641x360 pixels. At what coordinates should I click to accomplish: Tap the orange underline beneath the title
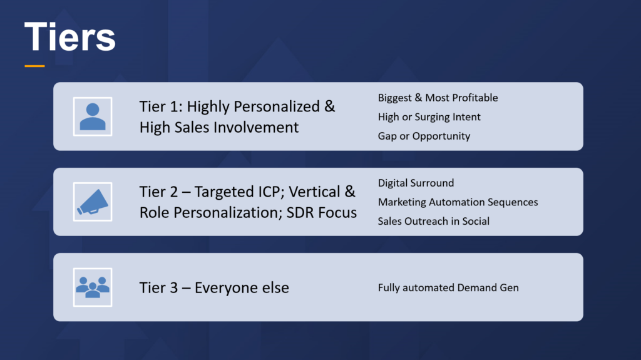pos(35,66)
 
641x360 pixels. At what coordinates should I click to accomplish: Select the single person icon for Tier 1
pos(93,116)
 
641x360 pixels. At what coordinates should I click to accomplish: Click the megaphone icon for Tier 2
pos(93,202)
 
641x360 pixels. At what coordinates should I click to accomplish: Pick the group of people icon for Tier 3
pos(93,287)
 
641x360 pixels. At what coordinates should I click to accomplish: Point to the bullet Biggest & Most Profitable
pos(438,98)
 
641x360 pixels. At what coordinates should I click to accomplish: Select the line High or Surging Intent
pos(429,117)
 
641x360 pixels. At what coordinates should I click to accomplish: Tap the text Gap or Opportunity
pos(424,136)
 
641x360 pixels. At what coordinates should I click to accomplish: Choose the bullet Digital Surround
pos(416,183)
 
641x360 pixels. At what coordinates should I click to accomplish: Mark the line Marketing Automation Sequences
pos(458,202)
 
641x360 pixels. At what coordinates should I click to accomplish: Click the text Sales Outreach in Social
pos(433,221)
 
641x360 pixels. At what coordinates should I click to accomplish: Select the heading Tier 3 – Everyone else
pos(214,288)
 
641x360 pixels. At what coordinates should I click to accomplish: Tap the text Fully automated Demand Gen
pos(448,288)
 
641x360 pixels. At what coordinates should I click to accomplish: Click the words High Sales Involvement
pos(219,127)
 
